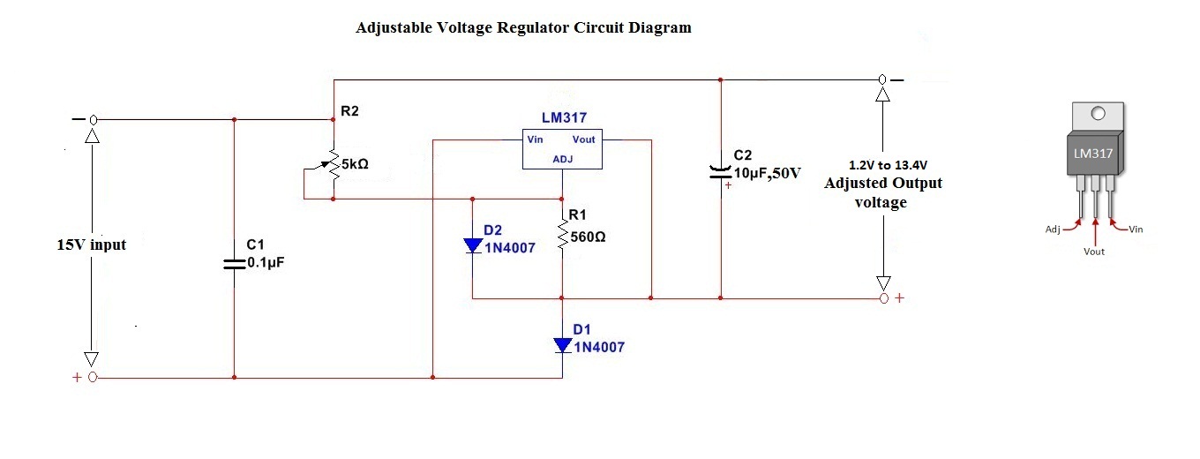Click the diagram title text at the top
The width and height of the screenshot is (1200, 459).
[x=523, y=27]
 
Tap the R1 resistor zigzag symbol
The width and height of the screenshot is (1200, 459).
[x=563, y=237]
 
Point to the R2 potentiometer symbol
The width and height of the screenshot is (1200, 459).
[x=334, y=164]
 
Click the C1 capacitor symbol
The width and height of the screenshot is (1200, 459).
[x=234, y=263]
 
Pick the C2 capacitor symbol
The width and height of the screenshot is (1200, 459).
[x=721, y=172]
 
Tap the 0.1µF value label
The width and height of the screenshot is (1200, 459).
[x=266, y=262]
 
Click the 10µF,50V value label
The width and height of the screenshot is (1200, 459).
[x=767, y=172]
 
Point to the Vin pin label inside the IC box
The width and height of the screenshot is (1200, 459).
[x=536, y=139]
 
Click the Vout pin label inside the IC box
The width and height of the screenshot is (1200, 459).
[x=583, y=139]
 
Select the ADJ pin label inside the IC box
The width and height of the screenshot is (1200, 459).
[x=563, y=160]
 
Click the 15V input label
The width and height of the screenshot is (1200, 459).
[x=91, y=245]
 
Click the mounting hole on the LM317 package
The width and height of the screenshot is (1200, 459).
[x=1097, y=114]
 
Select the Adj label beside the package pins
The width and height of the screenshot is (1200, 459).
[x=1052, y=229]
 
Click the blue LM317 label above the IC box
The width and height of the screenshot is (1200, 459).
[x=564, y=117]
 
